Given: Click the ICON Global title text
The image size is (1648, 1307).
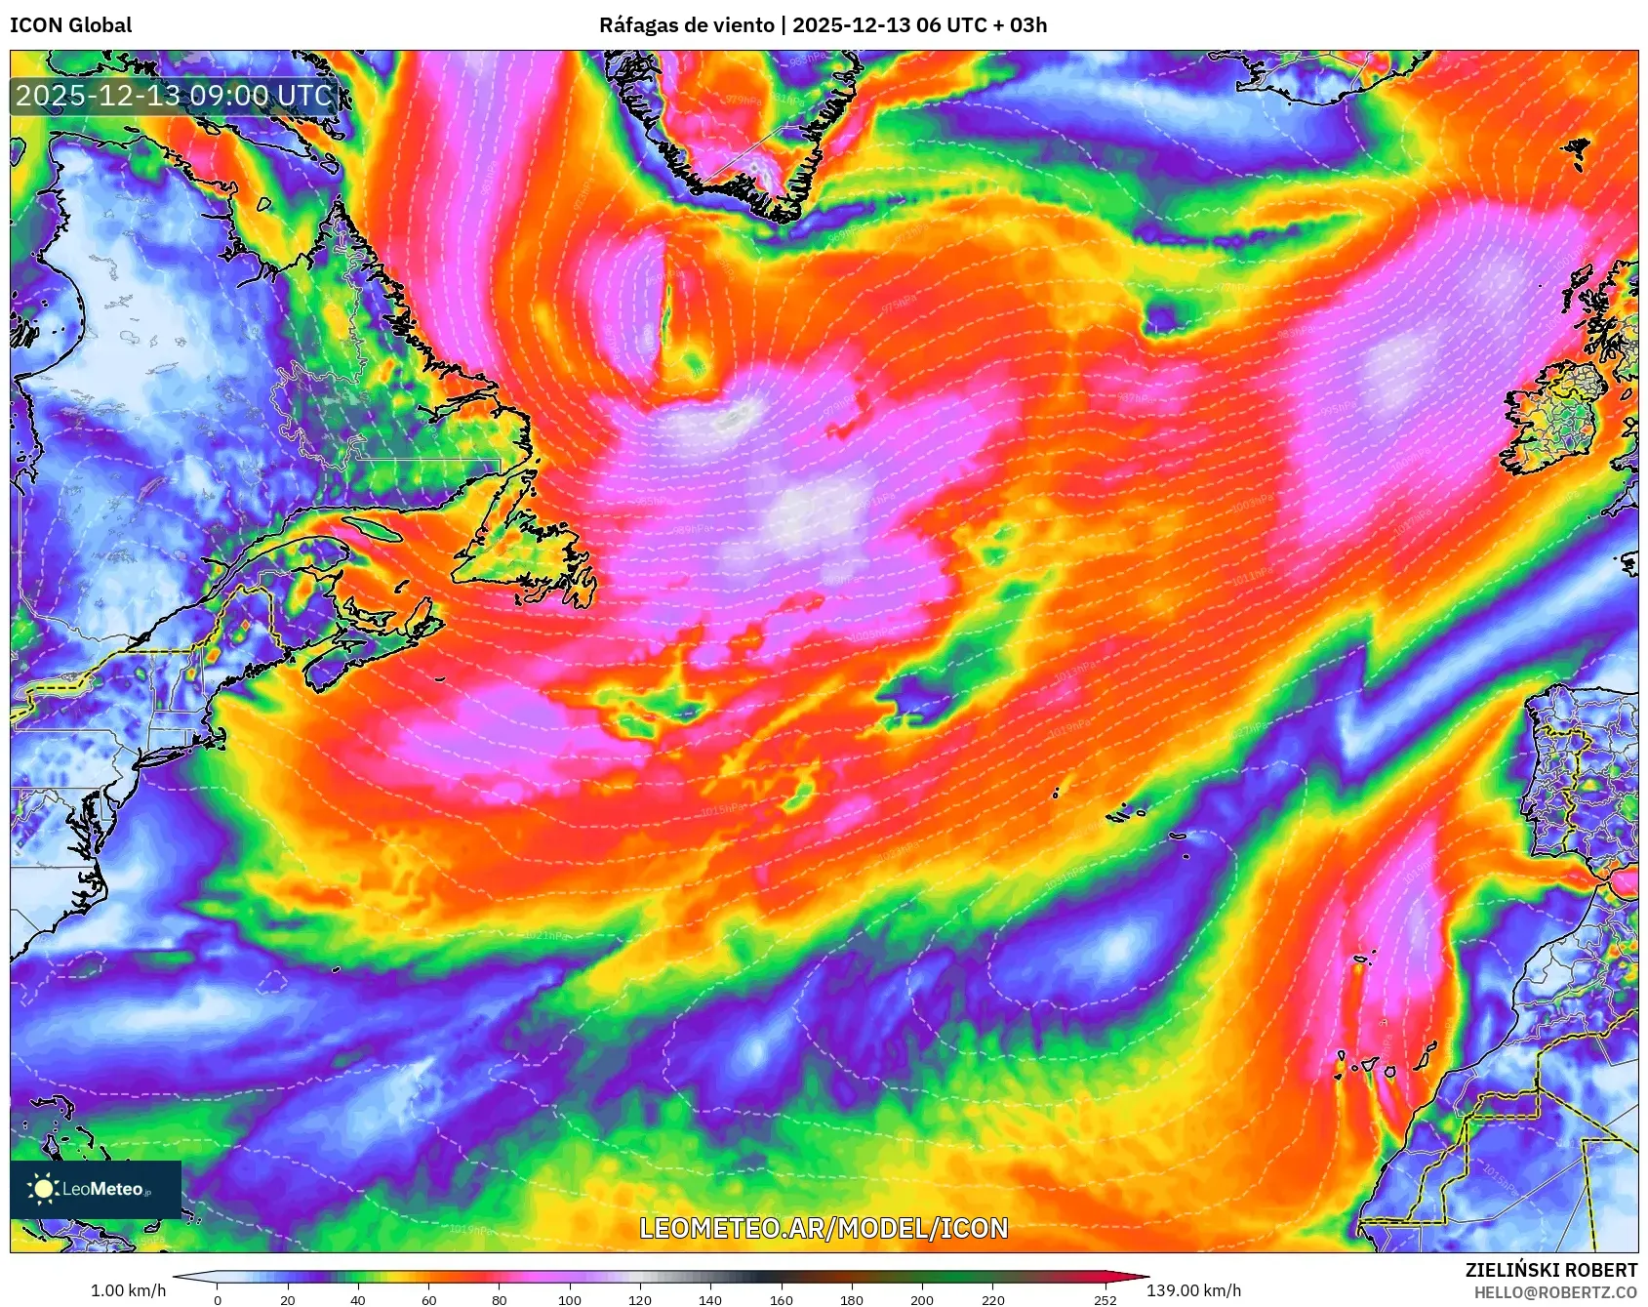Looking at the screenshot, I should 71,25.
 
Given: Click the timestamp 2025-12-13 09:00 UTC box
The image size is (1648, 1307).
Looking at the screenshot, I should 174,96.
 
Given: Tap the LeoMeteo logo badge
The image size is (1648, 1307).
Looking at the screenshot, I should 96,1189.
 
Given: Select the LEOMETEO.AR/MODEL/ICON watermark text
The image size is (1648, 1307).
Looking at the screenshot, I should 824,1228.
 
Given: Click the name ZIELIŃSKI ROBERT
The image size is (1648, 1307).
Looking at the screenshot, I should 1550,1270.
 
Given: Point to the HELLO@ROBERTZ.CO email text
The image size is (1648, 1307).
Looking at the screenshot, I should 1555,1292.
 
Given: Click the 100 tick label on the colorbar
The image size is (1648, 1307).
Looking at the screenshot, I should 570,1300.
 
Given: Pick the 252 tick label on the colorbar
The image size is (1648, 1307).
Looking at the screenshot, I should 1105,1300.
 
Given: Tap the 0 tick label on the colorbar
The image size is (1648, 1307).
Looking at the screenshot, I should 218,1300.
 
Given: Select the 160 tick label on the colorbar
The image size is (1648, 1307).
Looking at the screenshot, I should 782,1300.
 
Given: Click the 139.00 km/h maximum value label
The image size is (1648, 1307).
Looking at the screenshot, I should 1193,1290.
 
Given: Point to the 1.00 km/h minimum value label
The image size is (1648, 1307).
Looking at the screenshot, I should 128,1290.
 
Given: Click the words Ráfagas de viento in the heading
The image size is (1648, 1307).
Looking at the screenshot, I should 686,25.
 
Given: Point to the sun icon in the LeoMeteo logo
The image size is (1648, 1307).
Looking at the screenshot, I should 43,1189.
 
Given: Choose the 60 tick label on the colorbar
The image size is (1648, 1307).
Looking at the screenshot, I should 429,1300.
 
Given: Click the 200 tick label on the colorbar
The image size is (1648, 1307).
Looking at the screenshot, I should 922,1300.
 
